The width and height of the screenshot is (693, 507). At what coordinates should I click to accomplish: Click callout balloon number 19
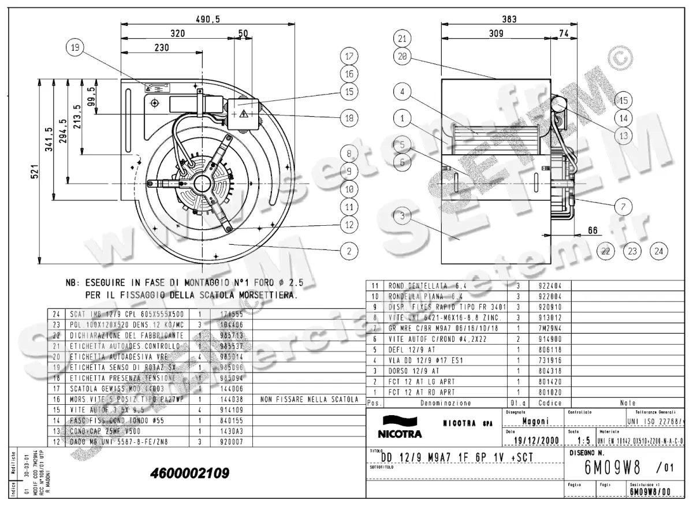tap(74, 48)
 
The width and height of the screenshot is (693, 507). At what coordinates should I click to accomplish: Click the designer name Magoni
tap(535, 421)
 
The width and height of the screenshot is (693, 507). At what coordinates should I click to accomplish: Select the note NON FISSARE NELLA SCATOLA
tap(310, 399)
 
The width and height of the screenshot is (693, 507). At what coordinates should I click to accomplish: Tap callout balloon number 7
tap(623, 206)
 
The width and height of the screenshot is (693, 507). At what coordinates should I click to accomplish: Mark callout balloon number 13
tap(623, 136)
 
